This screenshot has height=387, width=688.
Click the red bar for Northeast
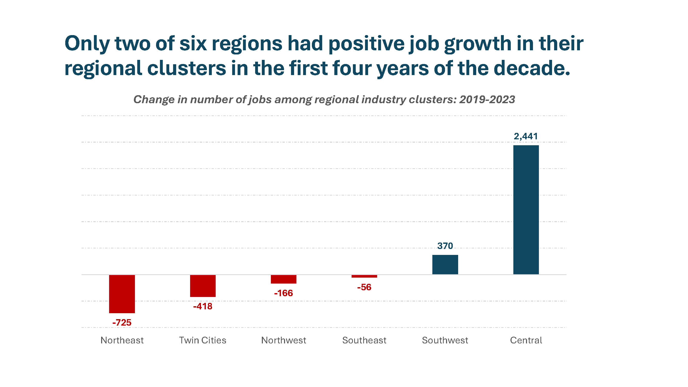122,294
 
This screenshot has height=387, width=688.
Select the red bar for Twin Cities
203,286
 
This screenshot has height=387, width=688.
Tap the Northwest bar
283,279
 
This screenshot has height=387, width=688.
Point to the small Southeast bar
364,276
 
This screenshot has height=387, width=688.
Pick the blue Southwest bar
445,264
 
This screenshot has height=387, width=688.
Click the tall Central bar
526,210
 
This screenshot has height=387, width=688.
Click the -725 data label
122,322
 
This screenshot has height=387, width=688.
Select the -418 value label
203,306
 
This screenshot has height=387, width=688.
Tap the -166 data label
283,293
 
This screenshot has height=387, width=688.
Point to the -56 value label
364,287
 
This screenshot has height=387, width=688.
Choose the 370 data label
445,246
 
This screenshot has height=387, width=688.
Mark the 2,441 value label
526,136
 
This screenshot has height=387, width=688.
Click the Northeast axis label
122,340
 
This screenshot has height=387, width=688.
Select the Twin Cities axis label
203,340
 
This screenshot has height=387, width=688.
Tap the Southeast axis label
364,340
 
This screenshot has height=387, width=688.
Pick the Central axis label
526,340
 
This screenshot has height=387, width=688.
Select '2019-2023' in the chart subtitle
487,100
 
